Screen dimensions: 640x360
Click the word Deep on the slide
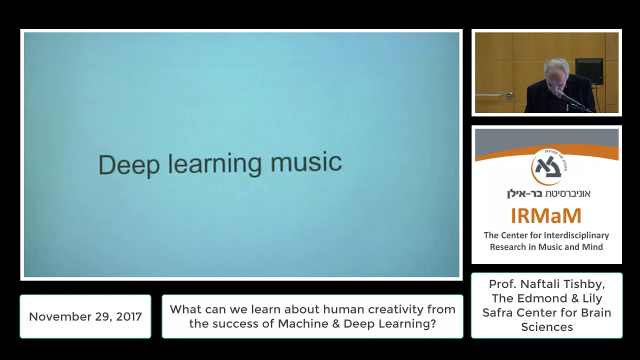pyautogui.click(x=129, y=165)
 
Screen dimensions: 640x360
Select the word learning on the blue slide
pyautogui.click(x=214, y=165)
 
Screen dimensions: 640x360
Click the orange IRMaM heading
pyautogui.click(x=546, y=215)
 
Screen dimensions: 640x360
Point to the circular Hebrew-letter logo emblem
pyautogui.click(x=546, y=167)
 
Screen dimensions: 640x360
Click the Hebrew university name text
pyautogui.click(x=548, y=193)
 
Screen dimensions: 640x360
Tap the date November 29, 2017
pyautogui.click(x=85, y=316)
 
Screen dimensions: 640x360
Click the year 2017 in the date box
pyautogui.click(x=129, y=316)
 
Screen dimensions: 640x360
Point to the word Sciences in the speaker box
pyautogui.click(x=547, y=327)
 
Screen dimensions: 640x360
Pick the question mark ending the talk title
pyautogui.click(x=433, y=323)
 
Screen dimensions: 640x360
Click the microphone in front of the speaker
pyautogui.click(x=568, y=98)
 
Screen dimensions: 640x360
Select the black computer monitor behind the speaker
pyautogui.click(x=589, y=71)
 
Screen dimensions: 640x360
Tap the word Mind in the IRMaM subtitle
pyautogui.click(x=593, y=247)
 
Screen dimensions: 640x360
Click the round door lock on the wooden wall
pyautogui.click(x=509, y=95)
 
